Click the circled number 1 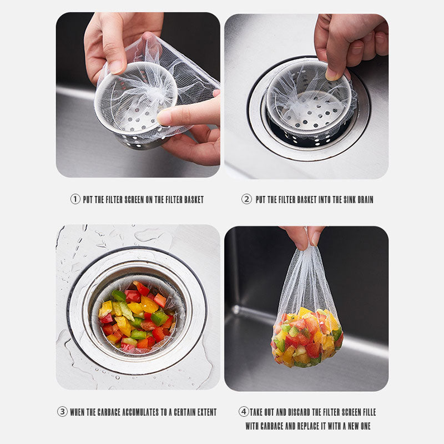[x=75, y=199]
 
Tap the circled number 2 [x=246, y=199]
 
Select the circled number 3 [x=62, y=412]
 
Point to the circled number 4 [x=244, y=412]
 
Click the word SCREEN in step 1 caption [x=134, y=200]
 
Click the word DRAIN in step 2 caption [x=365, y=200]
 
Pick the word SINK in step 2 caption [x=350, y=200]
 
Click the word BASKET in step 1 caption [x=194, y=200]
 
